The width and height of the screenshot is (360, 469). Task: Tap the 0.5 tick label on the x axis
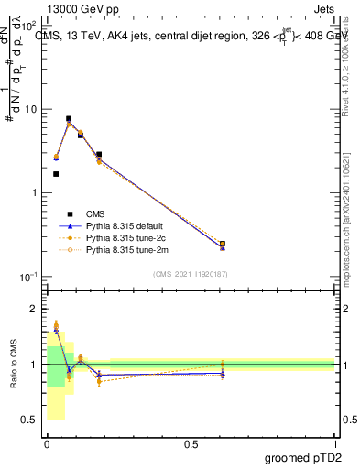[190, 444]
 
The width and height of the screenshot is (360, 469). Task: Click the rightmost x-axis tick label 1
[333, 444]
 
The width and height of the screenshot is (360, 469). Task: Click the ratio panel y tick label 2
[33, 309]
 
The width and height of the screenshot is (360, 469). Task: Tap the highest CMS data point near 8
[69, 119]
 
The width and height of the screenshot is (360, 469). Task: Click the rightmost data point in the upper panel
[223, 245]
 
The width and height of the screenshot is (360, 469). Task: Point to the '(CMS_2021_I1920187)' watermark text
[190, 274]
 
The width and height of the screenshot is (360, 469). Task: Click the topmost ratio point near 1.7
[56, 324]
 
